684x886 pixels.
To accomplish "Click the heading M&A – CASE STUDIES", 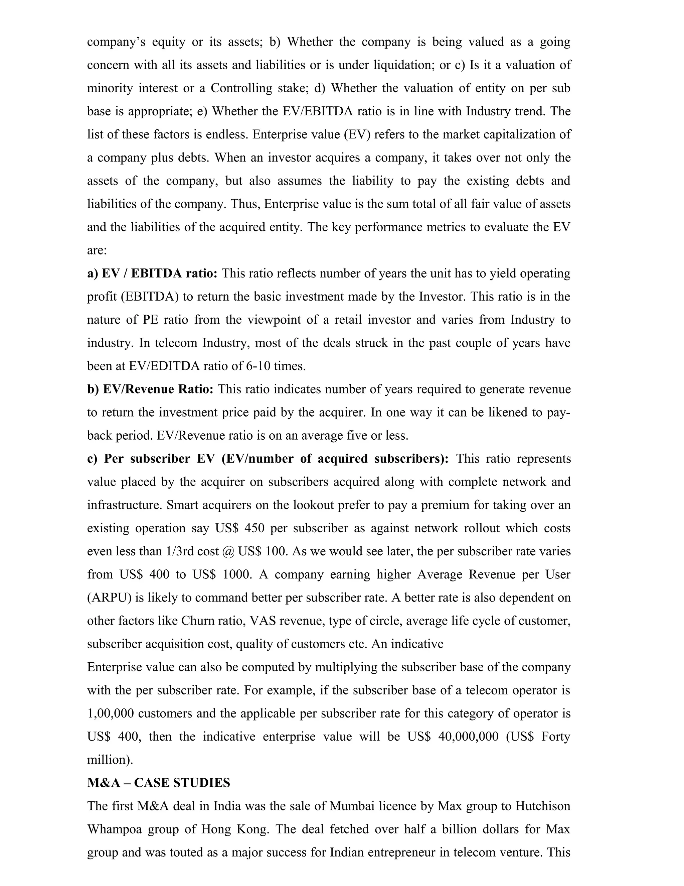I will [158, 783].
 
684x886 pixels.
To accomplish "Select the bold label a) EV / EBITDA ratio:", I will [152, 273].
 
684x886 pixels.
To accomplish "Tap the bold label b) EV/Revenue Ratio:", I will [150, 390].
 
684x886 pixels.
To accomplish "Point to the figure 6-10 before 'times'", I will [258, 366].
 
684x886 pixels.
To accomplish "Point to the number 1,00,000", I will [110, 713].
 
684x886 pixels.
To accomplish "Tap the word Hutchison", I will [543, 806].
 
